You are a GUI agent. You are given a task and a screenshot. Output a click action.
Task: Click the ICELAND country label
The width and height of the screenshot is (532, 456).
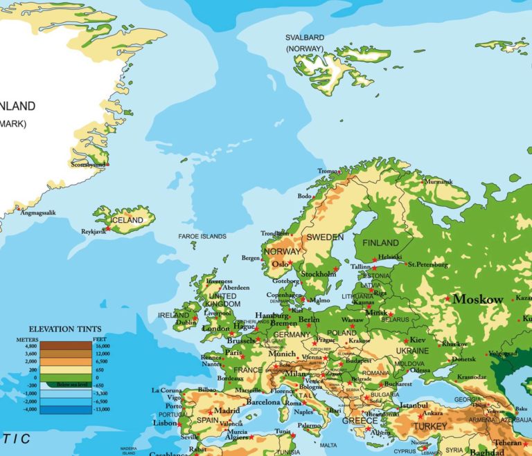click(127, 220)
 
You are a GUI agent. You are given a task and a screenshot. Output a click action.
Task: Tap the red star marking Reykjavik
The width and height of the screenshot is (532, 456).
click(107, 228)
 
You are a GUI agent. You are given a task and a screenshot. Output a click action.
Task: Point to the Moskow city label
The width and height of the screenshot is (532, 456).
click(478, 300)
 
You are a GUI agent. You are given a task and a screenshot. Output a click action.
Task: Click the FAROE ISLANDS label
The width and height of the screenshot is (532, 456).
click(202, 237)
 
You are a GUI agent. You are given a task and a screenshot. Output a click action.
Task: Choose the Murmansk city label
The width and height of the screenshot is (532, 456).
click(438, 182)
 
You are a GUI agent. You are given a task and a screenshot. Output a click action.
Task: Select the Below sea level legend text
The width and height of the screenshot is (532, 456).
click(72, 385)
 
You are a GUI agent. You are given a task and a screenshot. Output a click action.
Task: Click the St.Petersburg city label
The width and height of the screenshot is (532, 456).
click(428, 264)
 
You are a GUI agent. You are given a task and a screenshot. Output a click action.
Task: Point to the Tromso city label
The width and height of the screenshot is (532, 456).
click(328, 171)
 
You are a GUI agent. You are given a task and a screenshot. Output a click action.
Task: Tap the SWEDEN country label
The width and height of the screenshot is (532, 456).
click(325, 237)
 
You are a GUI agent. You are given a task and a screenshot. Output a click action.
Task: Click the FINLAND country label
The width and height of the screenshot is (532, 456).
click(381, 243)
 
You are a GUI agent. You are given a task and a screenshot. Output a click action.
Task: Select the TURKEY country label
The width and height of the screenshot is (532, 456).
click(430, 426)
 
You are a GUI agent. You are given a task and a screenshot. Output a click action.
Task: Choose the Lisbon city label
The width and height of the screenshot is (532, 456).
click(165, 423)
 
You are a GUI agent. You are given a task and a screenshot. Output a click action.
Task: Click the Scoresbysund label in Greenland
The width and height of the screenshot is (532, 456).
click(88, 165)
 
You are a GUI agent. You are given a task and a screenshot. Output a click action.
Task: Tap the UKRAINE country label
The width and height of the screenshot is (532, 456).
click(412, 352)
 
